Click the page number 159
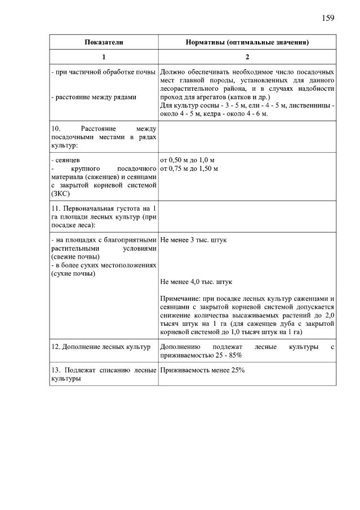[328, 17]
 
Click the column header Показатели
[104, 42]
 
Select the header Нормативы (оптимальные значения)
[247, 42]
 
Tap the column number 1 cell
[104, 57]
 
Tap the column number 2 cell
[247, 57]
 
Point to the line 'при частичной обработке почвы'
[103, 72]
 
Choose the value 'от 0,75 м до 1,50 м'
[189, 168]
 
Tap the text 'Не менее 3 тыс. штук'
[193, 240]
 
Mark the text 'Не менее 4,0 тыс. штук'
[196, 281]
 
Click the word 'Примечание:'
[180, 298]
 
